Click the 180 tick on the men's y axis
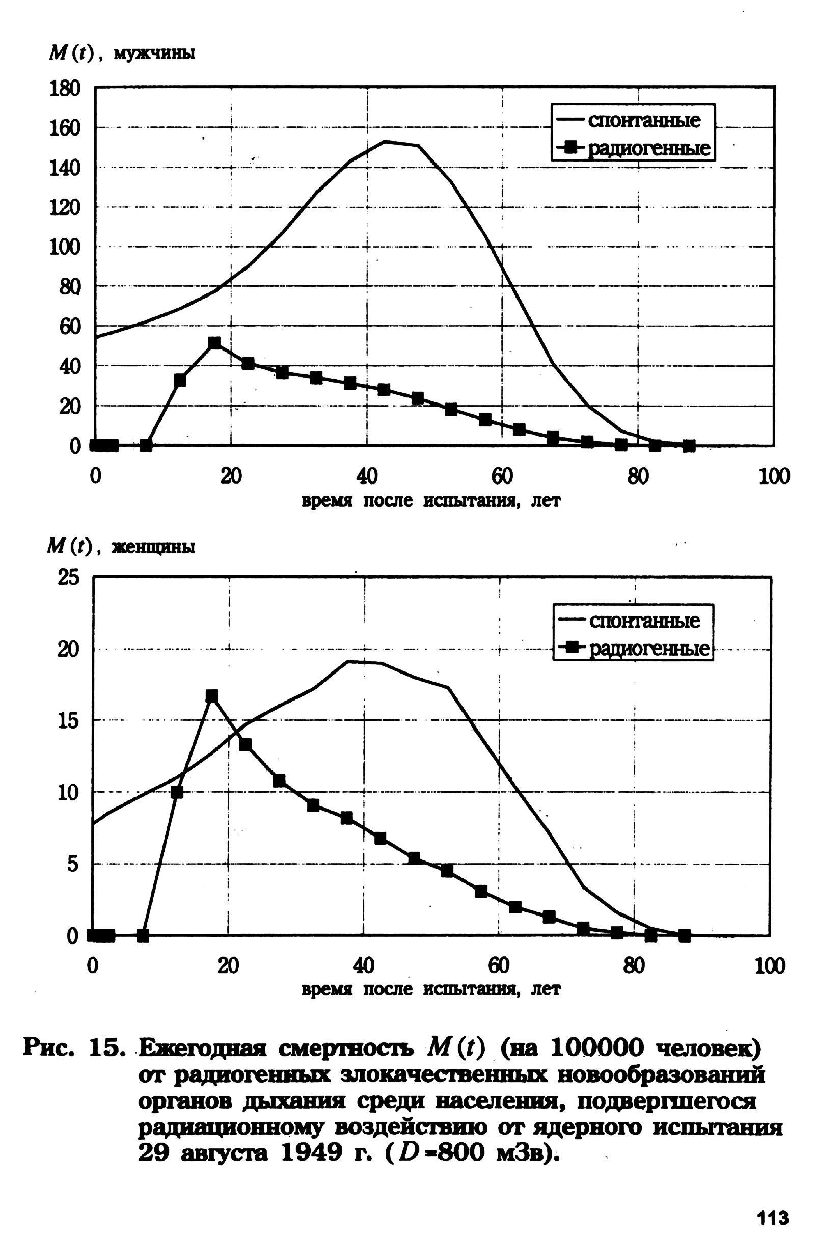click(66, 89)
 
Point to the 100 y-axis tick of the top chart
click(66, 247)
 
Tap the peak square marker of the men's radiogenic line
click(214, 343)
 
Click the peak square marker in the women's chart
click(211, 696)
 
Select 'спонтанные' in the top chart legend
click(644, 121)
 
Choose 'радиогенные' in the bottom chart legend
click(648, 649)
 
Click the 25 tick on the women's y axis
click(69, 578)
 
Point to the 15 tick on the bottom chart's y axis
click(69, 721)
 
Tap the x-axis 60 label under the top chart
click(502, 476)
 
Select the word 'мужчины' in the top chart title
click(154, 53)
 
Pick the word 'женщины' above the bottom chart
click(154, 547)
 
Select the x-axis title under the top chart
click(431, 501)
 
